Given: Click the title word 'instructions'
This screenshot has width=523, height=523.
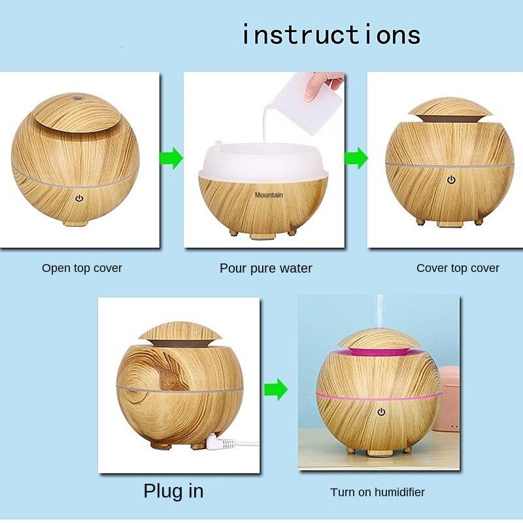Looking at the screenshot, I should [331, 34].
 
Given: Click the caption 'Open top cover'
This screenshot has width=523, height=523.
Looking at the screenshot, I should [82, 268].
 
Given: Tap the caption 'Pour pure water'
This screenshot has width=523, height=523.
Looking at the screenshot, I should [265, 269].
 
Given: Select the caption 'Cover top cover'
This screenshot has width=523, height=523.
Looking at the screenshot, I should [458, 268].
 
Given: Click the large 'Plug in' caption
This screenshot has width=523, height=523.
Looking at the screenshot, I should [173, 491].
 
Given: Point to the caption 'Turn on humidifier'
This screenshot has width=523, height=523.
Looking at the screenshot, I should [377, 492].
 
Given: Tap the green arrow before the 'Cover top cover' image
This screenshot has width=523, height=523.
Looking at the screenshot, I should [356, 158].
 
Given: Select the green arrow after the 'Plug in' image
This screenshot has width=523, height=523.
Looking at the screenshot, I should [276, 390].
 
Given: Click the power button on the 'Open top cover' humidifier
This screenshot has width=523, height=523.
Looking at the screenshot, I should [79, 197].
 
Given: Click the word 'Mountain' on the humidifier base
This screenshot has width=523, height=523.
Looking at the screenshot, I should [269, 195].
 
